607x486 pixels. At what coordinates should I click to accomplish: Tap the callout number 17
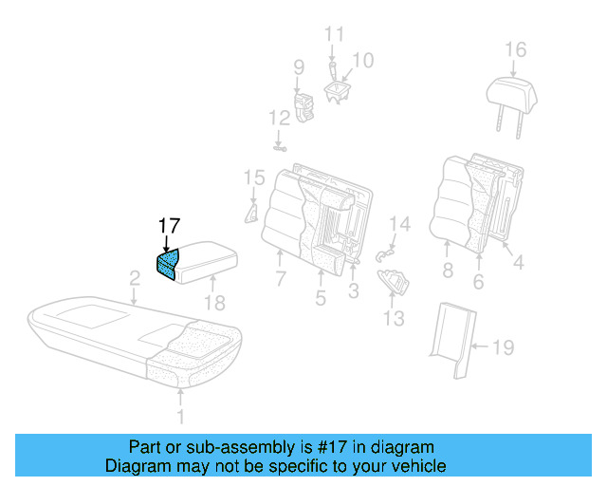pos(169,226)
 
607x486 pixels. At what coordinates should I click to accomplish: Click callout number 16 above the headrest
pos(514,49)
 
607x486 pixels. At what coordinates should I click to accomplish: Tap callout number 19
pos(503,348)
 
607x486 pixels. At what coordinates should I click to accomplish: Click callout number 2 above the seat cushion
pos(136,278)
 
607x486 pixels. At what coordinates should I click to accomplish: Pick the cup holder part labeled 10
pos(339,89)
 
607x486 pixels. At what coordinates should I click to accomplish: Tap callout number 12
pos(278,119)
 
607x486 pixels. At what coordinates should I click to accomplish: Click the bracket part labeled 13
pos(393,281)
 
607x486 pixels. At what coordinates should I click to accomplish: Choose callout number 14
pos(400,225)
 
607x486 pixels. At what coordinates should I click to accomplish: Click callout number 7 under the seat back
pos(281,279)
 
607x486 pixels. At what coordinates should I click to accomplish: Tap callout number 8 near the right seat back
pos(446,269)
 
